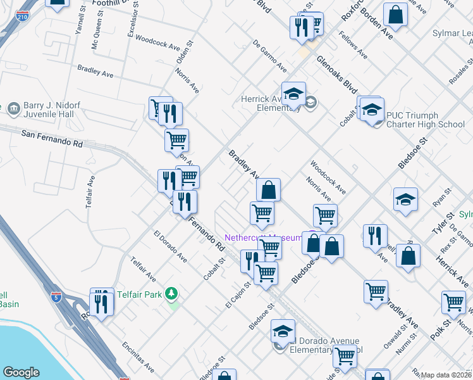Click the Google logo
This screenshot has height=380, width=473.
[21, 372]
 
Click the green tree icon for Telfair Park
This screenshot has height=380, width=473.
[170, 294]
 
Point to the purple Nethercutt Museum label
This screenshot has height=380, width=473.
[264, 237]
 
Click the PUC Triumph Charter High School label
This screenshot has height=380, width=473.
[426, 124]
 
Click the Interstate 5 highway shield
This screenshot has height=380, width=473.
[57, 296]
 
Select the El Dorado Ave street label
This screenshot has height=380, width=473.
[170, 247]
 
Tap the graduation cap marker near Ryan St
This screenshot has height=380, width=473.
[405, 199]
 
